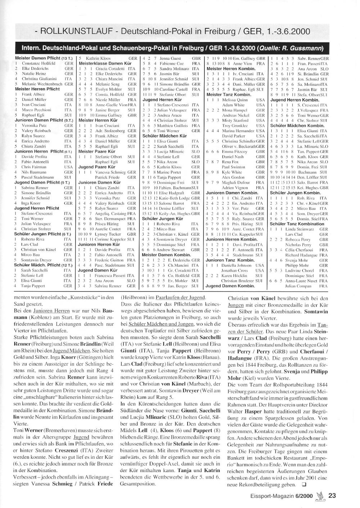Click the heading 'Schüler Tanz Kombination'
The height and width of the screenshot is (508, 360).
coord(297,224)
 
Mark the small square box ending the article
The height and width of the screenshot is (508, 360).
coord(304,484)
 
